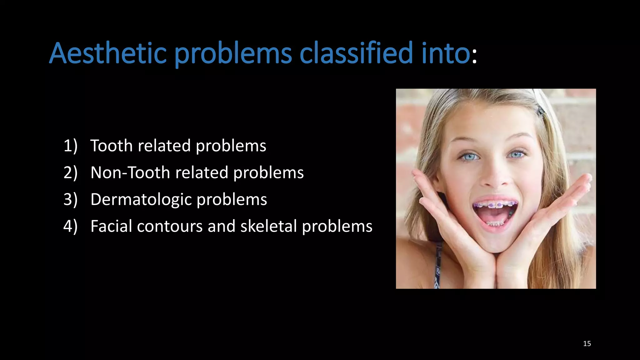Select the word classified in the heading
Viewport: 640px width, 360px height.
[x=356, y=53]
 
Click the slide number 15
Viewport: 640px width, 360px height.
[x=587, y=344]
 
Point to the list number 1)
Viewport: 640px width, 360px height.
[x=70, y=146]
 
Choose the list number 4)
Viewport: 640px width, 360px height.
[x=70, y=226]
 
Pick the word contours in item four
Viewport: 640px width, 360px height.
[x=170, y=226]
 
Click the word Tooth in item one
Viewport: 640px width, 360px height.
[x=111, y=146]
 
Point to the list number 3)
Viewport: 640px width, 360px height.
[x=70, y=200]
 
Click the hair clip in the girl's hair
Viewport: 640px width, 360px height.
[x=540, y=110]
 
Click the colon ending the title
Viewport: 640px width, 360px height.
[x=474, y=56]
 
